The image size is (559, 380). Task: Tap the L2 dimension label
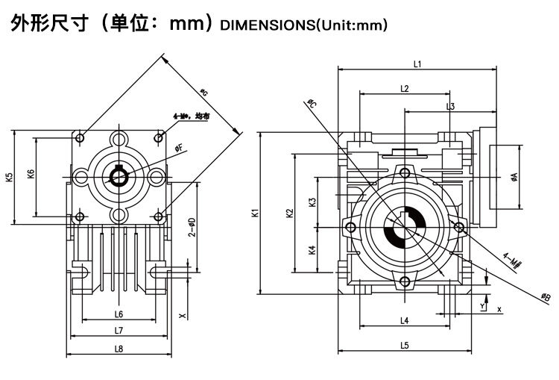point(404,88)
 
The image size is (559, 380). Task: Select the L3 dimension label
point(451,107)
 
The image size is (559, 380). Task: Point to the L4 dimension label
point(404,321)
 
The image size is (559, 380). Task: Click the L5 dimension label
point(404,345)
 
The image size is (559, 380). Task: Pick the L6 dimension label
point(119,314)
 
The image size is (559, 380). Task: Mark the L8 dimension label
point(119,349)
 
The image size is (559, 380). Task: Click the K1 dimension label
point(255,213)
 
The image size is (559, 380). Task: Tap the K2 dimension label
point(290,213)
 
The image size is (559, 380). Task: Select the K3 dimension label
point(312,202)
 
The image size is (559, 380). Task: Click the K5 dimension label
point(9,178)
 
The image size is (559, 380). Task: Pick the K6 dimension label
point(31,174)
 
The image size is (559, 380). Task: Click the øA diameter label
point(514,177)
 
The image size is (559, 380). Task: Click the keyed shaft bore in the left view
point(119,176)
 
